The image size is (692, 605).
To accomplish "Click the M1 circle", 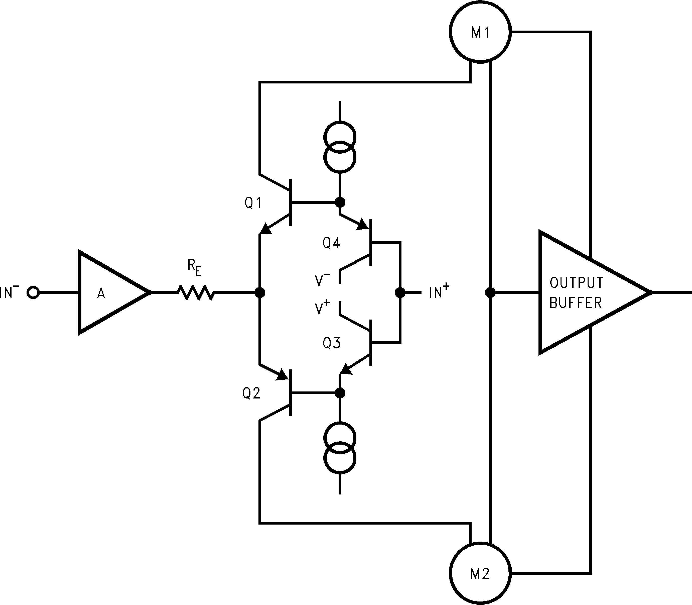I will (x=480, y=31).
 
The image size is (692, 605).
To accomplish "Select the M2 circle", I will (x=480, y=573).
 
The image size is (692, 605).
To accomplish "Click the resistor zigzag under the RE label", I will (x=196, y=292).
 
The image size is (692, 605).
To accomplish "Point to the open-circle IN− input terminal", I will (x=33, y=292).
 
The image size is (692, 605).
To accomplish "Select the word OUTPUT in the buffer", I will (x=576, y=283).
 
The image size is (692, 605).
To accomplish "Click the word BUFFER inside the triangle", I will (x=576, y=303).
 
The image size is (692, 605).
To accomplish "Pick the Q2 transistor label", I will (x=251, y=393).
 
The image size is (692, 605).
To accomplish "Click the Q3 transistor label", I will (x=331, y=343).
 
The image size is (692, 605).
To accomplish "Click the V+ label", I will (x=322, y=308).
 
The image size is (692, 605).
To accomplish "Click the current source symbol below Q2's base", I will (x=340, y=448).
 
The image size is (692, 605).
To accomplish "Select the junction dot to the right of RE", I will (x=259, y=292).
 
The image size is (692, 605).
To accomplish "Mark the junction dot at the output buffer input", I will (x=490, y=292).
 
